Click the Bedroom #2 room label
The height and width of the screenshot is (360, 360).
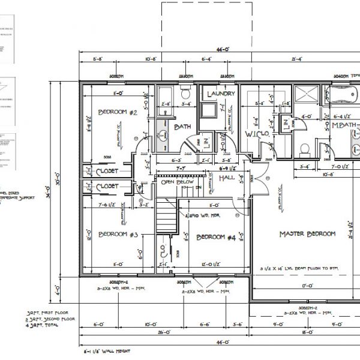[118, 112]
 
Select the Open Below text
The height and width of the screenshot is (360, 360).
[175, 181]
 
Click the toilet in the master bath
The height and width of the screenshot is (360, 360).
[304, 148]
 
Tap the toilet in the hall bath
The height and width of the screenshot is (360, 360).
[185, 94]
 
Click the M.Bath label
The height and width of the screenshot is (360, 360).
[345, 125]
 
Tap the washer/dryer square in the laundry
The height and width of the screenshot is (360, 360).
[209, 110]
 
